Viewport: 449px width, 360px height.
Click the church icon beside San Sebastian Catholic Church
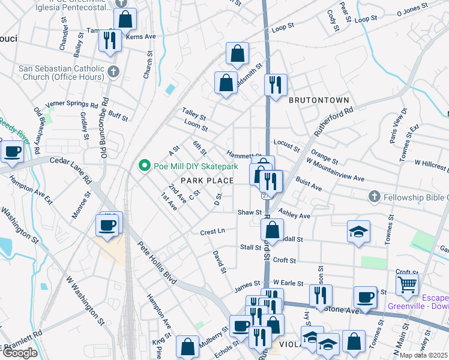114,72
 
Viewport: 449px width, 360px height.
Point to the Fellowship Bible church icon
374,197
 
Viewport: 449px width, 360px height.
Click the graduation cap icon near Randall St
358,232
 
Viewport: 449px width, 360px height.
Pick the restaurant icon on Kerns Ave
110,41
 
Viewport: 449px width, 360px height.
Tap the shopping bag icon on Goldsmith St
226,83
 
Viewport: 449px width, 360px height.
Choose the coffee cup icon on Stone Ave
365,297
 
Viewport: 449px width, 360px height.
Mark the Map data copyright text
424,355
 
